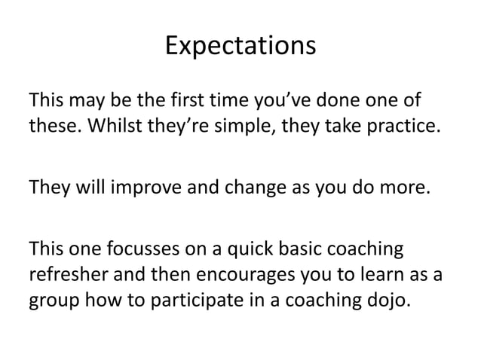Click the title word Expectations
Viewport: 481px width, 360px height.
point(240,47)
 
